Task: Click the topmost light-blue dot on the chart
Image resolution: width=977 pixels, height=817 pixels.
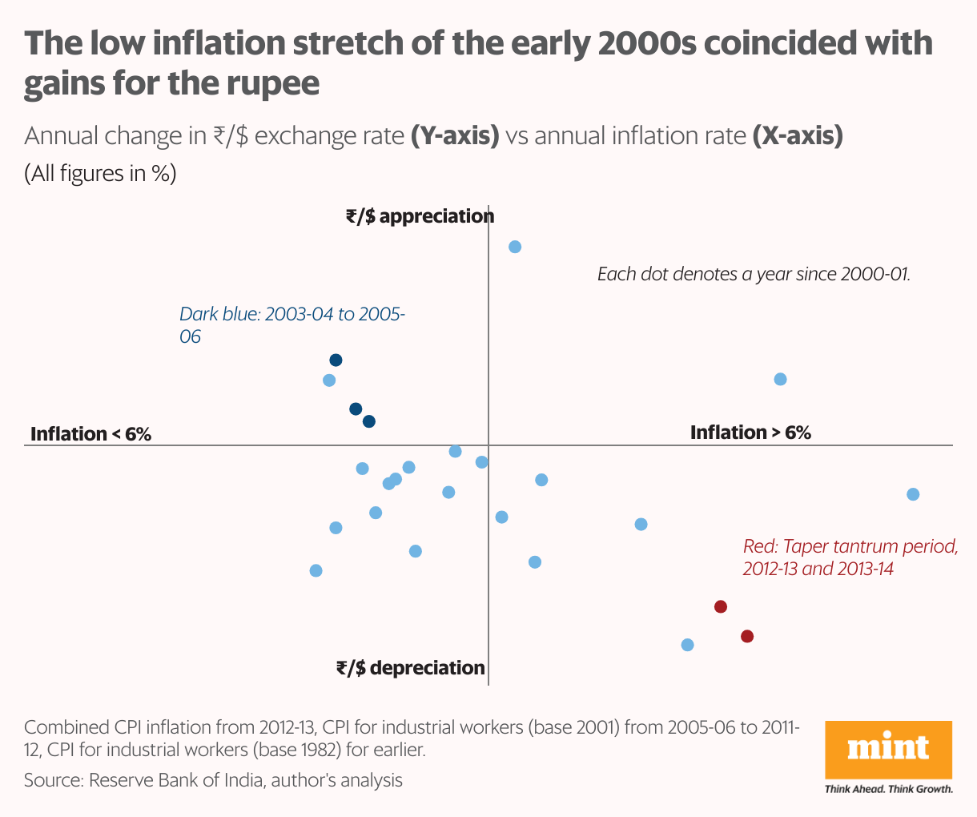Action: tap(515, 247)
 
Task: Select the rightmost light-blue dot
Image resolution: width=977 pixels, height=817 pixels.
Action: tap(912, 494)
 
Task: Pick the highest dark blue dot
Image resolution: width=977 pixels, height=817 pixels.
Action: tap(336, 360)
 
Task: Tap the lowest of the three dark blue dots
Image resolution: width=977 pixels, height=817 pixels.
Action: tap(368, 421)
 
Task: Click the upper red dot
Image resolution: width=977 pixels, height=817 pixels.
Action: tap(720, 606)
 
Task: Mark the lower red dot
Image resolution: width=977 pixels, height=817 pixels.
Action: tap(746, 637)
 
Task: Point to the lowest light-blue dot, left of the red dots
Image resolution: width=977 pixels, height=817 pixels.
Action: tap(686, 645)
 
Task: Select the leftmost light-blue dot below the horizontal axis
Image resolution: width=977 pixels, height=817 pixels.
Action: tap(316, 570)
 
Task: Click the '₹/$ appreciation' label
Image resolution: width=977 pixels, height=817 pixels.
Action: tap(420, 216)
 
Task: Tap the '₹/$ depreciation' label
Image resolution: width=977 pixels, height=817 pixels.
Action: tap(410, 668)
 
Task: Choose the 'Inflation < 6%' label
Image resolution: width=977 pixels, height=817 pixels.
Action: tap(90, 434)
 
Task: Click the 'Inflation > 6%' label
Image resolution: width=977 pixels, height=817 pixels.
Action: tap(750, 433)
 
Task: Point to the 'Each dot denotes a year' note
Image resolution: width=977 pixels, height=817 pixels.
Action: tap(754, 274)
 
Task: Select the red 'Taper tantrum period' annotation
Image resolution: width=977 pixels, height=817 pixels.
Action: tap(849, 557)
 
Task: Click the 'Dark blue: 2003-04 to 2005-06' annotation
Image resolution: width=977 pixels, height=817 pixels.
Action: tap(291, 324)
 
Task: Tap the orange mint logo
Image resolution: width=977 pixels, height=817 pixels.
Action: tap(888, 749)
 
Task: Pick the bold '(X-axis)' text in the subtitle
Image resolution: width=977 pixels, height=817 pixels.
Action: tap(798, 136)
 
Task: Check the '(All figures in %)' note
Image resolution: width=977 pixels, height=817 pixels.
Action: tap(100, 174)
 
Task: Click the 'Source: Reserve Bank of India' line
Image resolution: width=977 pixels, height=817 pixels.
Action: tap(213, 779)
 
